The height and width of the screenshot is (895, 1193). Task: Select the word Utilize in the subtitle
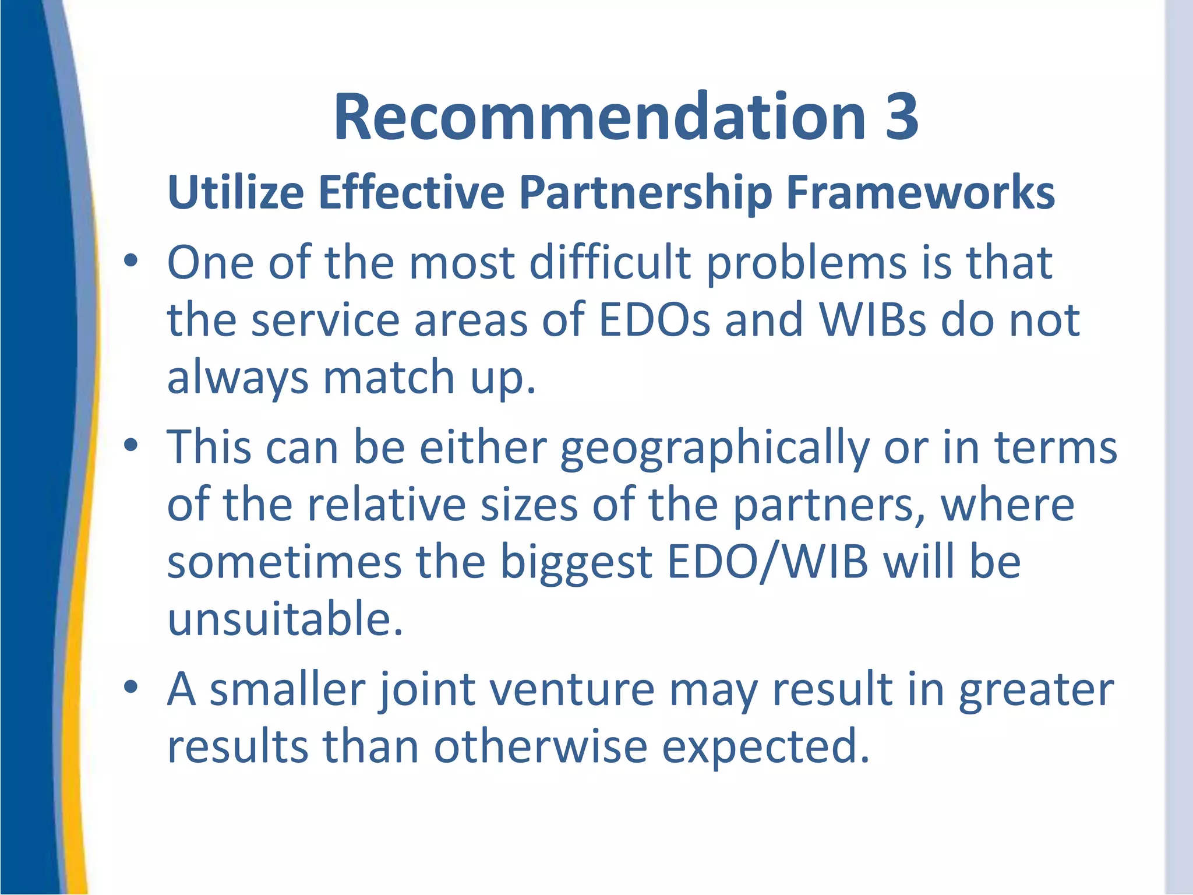(x=235, y=192)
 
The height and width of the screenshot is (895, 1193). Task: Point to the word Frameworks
(x=920, y=192)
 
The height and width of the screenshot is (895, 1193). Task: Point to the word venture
(x=572, y=689)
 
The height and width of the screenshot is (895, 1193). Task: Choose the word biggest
(x=576, y=564)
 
